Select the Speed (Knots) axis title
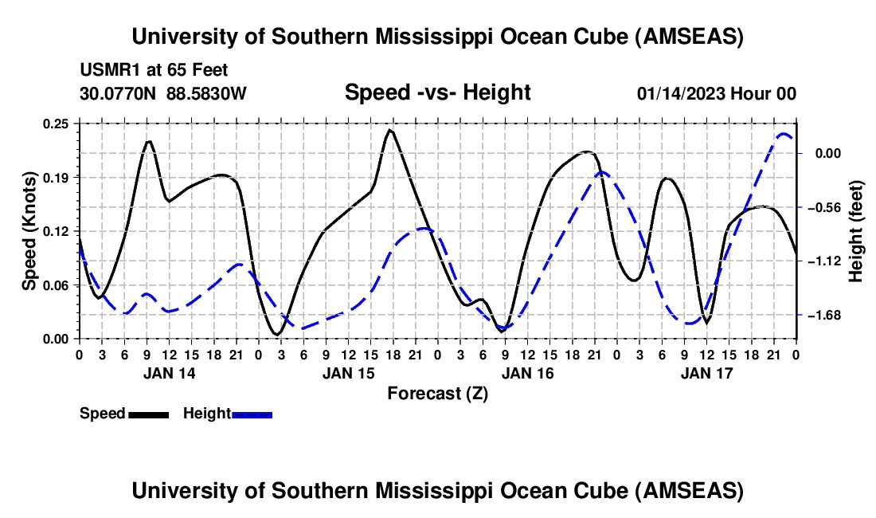pyautogui.click(x=29, y=230)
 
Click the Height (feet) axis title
pyautogui.click(x=856, y=230)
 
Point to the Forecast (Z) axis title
pyautogui.click(x=437, y=393)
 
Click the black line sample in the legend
pyautogui.click(x=148, y=414)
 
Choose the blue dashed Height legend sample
pyautogui.click(x=252, y=414)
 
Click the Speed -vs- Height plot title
pyautogui.click(x=437, y=92)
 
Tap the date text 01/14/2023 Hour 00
pyautogui.click(x=716, y=93)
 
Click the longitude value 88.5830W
pyautogui.click(x=206, y=93)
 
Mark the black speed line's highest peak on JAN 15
pyautogui.click(x=389, y=130)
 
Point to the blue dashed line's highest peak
pyautogui.click(x=784, y=135)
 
